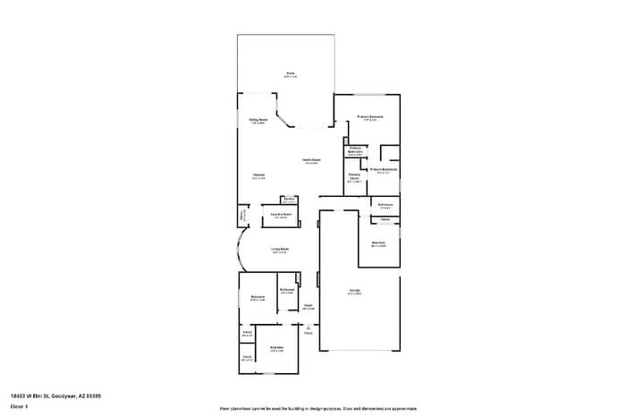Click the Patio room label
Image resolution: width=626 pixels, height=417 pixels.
click(x=291, y=73)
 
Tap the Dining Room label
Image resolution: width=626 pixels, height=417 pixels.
click(x=258, y=120)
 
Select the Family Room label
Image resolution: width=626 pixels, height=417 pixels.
click(x=311, y=161)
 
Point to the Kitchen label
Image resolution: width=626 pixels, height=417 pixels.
click(x=258, y=174)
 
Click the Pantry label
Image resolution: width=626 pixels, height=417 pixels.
click(x=289, y=199)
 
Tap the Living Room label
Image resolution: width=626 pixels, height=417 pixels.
click(x=280, y=250)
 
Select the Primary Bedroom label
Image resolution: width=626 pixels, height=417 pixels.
click(x=371, y=117)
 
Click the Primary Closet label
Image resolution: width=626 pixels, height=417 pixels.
click(x=354, y=178)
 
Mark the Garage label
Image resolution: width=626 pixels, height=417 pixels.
click(x=355, y=292)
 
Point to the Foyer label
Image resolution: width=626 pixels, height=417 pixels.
click(x=307, y=306)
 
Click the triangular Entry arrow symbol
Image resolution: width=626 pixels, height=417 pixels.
click(x=308, y=328)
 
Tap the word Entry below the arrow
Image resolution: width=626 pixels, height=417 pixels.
click(x=308, y=334)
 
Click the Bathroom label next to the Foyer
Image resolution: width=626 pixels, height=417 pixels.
click(x=287, y=290)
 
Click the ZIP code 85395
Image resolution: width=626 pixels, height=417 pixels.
click(x=93, y=395)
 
